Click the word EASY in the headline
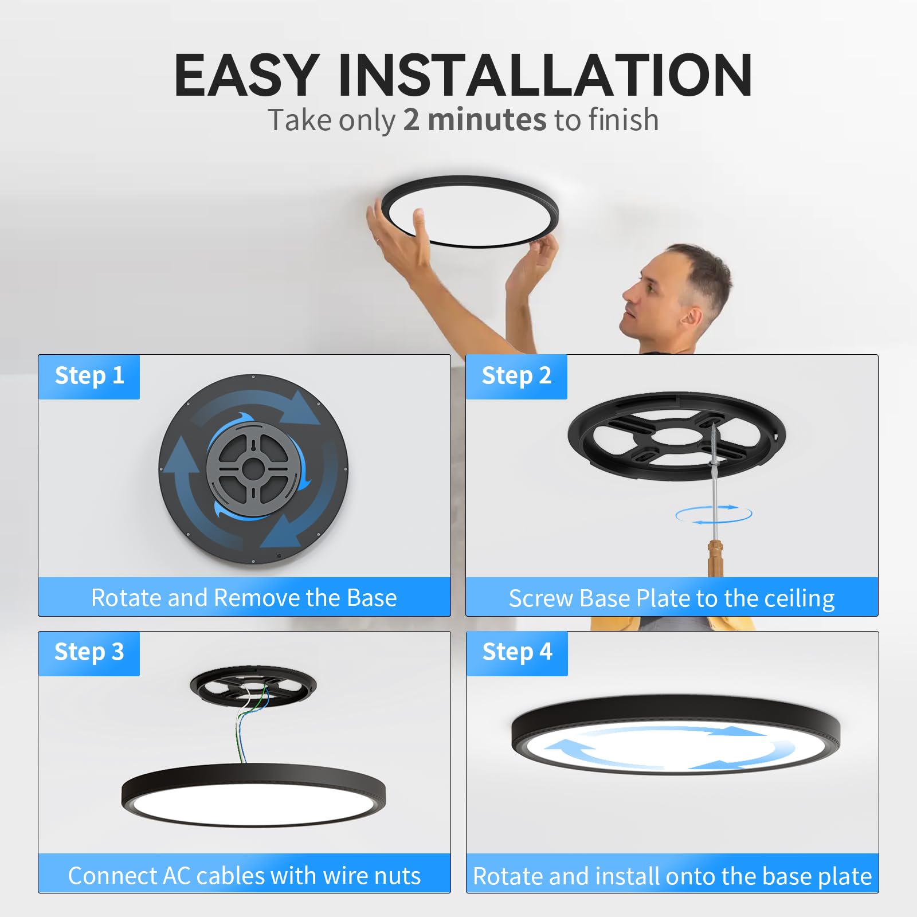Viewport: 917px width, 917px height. [x=246, y=75]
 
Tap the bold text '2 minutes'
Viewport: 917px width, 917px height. [x=475, y=120]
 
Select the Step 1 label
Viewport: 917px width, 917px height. [x=89, y=376]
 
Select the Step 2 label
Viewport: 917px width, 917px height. [x=516, y=376]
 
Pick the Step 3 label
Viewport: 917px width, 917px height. [x=89, y=652]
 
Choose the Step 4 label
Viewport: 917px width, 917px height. [x=517, y=652]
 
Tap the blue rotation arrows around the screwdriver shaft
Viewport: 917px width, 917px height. [x=714, y=515]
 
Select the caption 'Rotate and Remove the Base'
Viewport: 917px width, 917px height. [x=244, y=598]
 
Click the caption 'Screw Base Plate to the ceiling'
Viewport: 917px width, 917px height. [x=672, y=598]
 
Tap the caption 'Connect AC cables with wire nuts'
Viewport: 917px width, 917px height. [x=244, y=876]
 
